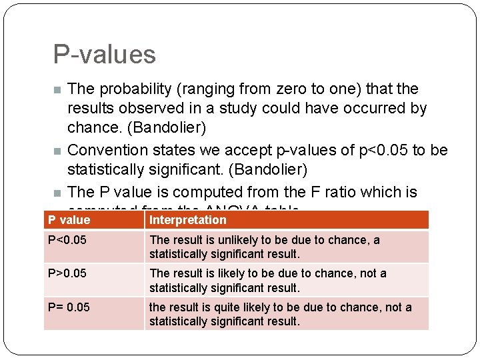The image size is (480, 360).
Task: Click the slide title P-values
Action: coord(104,55)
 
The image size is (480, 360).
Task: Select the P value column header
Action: coord(69,220)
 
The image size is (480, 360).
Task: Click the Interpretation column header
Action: coord(188,220)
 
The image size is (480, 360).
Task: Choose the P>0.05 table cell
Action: coord(67,273)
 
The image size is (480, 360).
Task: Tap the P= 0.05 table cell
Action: coord(69,307)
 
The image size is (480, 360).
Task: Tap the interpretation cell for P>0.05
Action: coord(267,280)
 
